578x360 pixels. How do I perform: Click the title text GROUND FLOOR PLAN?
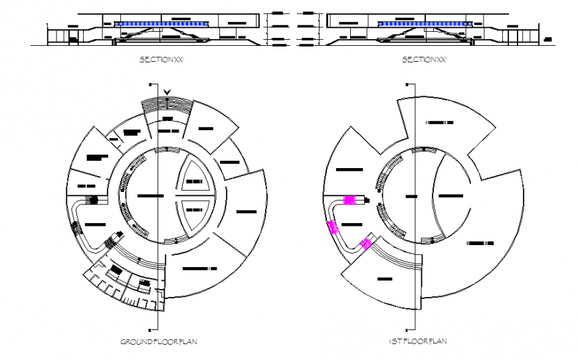[158, 341]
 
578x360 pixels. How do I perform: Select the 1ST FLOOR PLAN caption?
[417, 341]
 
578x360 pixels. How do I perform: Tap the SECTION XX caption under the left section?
[161, 60]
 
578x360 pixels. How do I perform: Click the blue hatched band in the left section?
[161, 24]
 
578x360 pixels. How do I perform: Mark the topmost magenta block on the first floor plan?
[349, 199]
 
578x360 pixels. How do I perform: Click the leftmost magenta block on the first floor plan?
[334, 227]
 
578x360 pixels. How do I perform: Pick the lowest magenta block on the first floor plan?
[365, 243]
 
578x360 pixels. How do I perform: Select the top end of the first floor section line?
[414, 84]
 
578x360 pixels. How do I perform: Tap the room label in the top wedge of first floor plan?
[439, 123]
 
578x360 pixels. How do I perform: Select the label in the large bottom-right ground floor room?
[199, 269]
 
